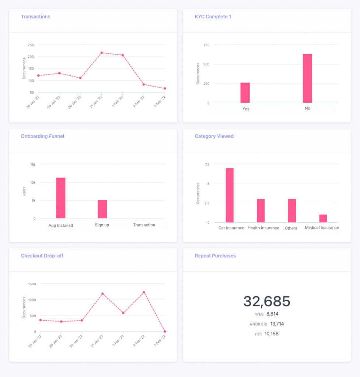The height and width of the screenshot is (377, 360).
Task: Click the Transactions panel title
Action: tap(35, 17)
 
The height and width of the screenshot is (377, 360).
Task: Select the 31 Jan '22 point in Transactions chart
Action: tap(101, 53)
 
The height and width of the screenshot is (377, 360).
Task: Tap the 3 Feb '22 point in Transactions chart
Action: tap(165, 88)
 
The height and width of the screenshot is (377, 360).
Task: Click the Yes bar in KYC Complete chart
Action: tap(245, 93)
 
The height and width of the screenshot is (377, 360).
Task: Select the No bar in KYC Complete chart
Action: tap(307, 78)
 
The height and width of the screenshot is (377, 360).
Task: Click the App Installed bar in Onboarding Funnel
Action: tap(61, 198)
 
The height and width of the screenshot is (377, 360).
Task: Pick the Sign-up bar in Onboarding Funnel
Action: tap(102, 209)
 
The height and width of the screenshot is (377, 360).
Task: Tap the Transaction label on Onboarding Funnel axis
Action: tap(144, 225)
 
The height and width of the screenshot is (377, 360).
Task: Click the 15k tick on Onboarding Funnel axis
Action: tap(33, 165)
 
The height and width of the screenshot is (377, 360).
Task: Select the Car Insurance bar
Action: tap(230, 195)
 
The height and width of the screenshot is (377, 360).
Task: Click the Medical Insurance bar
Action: tap(323, 218)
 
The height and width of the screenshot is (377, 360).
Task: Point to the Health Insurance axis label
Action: tap(263, 228)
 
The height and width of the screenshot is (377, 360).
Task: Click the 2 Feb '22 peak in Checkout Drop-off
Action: tap(144, 292)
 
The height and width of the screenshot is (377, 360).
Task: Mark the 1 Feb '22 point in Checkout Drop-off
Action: tap(123, 313)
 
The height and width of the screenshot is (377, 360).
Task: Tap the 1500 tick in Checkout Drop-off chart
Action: tap(32, 284)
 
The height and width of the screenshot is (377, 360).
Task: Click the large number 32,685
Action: tap(267, 302)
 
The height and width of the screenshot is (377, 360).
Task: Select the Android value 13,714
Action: tap(277, 324)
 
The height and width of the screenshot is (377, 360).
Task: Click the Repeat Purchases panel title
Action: tap(215, 256)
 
